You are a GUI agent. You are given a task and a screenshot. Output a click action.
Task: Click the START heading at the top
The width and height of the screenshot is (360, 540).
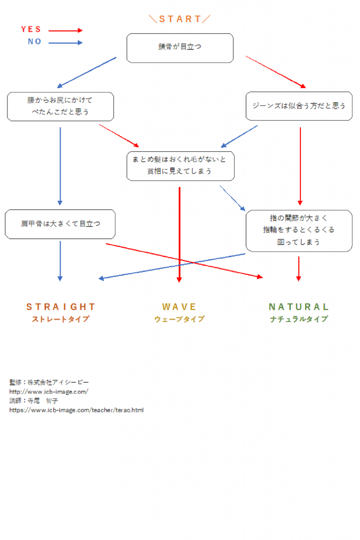180,19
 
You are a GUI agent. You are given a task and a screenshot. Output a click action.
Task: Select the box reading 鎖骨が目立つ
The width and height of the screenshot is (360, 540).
180,47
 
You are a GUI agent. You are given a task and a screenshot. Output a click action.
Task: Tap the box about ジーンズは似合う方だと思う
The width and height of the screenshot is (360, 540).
299,105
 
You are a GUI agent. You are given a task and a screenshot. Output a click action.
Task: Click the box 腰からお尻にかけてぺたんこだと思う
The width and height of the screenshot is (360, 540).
60,106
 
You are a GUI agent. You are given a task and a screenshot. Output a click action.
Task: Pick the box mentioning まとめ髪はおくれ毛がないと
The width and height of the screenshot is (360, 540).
180,166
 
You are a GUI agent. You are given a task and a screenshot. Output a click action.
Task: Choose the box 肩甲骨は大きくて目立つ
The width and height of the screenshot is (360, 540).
60,224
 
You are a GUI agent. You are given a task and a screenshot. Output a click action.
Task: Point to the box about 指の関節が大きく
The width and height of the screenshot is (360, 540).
299,230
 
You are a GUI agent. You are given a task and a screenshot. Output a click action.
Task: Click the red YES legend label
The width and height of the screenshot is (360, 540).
31,30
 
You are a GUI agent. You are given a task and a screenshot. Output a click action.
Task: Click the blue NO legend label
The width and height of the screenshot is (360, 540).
34,42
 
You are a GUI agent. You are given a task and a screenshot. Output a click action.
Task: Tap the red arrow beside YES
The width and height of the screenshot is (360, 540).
66,31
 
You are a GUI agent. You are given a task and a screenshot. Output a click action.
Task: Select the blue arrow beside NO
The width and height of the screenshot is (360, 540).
66,43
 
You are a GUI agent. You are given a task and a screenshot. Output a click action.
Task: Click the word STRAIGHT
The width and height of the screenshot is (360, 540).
61,306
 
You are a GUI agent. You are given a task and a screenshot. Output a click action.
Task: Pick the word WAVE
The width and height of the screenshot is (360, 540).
179,306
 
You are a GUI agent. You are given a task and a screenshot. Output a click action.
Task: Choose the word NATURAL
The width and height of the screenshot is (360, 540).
299,306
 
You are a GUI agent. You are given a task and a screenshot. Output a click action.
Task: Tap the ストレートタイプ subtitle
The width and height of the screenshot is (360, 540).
61,319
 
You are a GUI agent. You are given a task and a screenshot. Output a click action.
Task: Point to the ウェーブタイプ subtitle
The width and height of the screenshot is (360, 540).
179,319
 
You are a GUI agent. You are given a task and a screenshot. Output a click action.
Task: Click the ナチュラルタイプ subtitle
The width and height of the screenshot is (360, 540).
299,319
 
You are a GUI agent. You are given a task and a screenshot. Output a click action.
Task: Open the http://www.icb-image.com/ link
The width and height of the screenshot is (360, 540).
48,391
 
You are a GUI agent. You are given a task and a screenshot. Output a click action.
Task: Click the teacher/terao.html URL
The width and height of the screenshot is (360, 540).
76,410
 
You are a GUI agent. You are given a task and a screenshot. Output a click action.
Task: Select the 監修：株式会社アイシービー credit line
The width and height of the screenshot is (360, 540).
49,382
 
